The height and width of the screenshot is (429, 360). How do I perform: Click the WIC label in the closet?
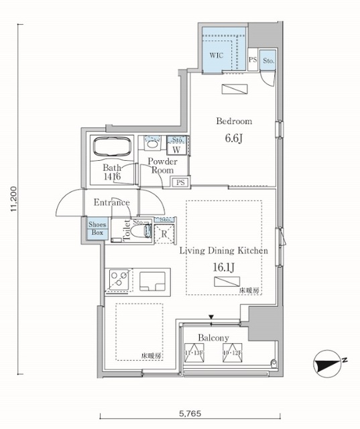(x=215, y=56)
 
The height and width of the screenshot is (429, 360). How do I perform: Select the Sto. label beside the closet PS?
(x=268, y=60)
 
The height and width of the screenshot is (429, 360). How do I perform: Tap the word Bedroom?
(x=233, y=121)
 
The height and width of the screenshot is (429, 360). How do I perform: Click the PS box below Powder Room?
(x=180, y=182)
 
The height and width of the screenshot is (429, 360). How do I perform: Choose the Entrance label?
(x=111, y=202)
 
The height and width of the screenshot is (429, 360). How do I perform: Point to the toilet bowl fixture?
(x=140, y=231)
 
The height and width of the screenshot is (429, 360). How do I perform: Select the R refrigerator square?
(x=164, y=234)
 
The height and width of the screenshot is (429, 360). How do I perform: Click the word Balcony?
(x=214, y=338)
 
